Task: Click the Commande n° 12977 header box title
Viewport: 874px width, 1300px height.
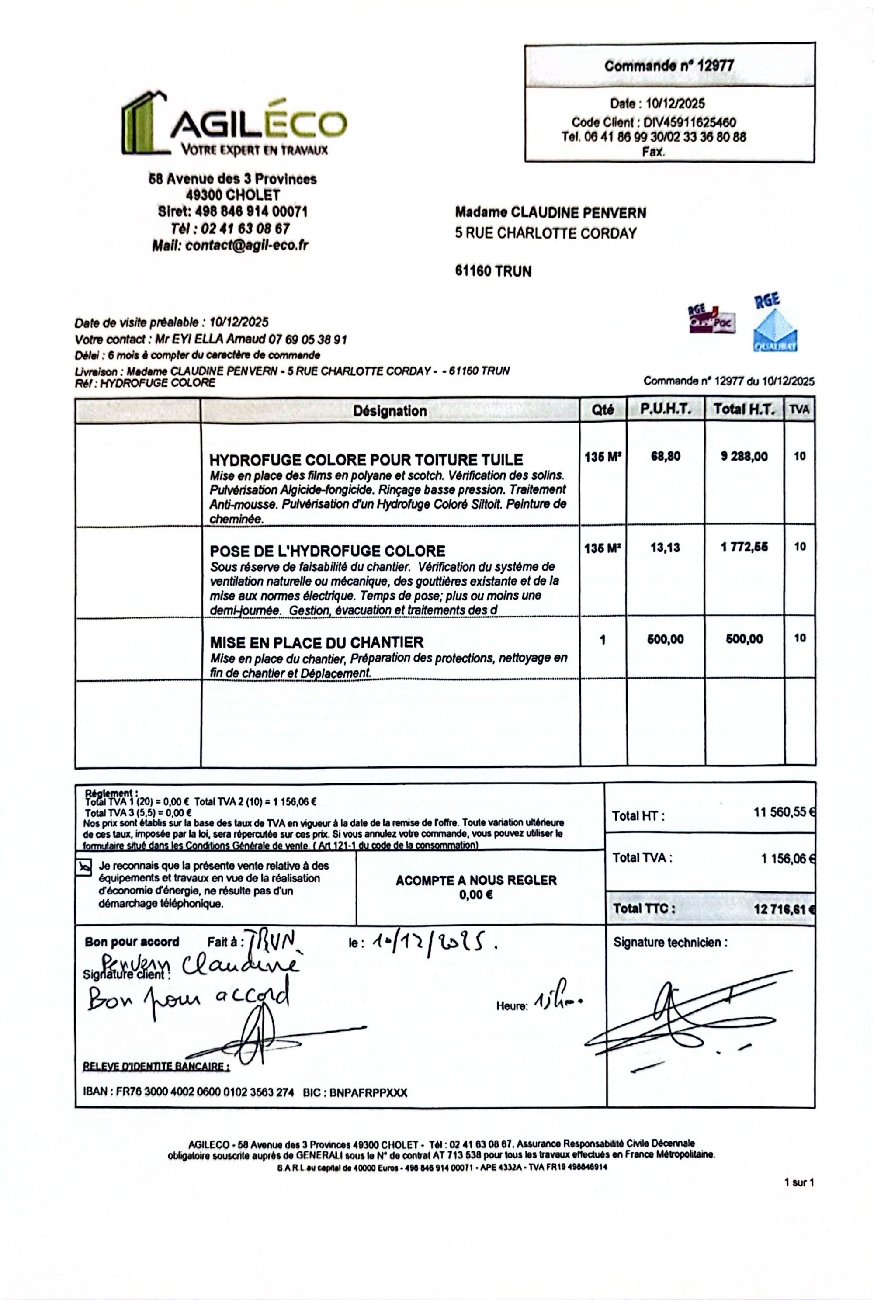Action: click(669, 66)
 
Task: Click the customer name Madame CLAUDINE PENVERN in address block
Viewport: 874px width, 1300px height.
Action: click(551, 212)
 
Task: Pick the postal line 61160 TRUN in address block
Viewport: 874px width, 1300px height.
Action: click(493, 271)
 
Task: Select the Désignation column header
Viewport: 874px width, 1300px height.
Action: click(390, 411)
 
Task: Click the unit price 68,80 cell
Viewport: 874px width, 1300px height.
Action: click(666, 456)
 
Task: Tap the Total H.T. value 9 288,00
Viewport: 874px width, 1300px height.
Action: click(744, 456)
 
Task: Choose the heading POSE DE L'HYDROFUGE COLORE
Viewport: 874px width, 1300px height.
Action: click(327, 551)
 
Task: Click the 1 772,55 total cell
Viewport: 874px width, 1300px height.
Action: click(744, 547)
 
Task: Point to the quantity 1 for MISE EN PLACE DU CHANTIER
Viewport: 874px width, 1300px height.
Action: click(603, 640)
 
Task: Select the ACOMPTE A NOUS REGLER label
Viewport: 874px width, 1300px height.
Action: click(476, 881)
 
